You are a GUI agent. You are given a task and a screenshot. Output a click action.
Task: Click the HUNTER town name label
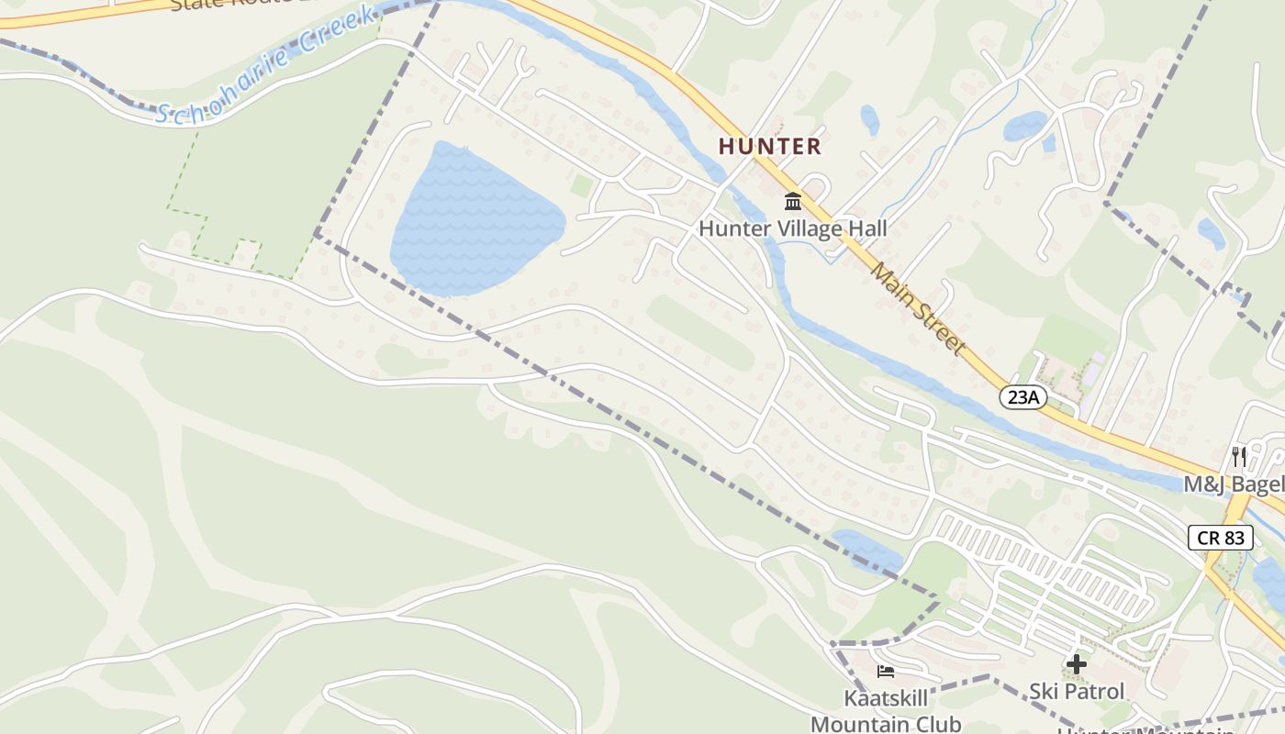tap(769, 146)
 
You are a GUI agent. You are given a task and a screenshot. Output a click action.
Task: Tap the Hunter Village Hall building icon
tap(793, 201)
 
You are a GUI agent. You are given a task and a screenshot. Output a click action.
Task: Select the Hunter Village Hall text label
tap(792, 228)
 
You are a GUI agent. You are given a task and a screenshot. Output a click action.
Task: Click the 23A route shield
tap(1022, 397)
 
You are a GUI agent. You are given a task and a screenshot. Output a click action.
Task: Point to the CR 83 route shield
tap(1221, 537)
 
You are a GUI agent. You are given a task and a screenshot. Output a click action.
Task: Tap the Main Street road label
tap(918, 308)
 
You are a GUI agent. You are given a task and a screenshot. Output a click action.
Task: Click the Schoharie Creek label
tap(266, 64)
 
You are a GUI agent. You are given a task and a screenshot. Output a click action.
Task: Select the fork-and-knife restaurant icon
tap(1239, 456)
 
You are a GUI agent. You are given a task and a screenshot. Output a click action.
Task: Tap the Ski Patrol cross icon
tap(1077, 663)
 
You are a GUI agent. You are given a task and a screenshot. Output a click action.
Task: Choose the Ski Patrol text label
tap(1077, 690)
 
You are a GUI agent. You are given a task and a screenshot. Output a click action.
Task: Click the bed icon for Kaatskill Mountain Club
tap(886, 672)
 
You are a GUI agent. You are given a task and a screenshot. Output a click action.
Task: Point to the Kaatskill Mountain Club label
tap(886, 711)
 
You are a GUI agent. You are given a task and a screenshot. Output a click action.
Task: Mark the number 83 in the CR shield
tap(1235, 537)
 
